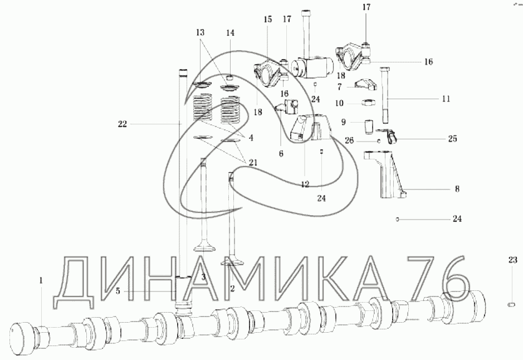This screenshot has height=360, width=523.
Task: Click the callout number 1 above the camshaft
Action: coord(41,281)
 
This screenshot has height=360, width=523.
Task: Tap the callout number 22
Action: coord(123,124)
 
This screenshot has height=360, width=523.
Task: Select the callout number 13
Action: coord(200,32)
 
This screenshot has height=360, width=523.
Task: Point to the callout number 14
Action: coord(231,32)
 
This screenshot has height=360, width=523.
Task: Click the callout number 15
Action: coord(267,20)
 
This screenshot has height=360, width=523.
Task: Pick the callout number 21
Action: coord(252,163)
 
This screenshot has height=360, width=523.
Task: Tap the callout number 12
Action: coord(305,184)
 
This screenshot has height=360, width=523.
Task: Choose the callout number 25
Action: coord(452,138)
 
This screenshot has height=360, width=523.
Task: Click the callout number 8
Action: coord(457,189)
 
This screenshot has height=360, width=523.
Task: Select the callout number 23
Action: coord(512,260)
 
